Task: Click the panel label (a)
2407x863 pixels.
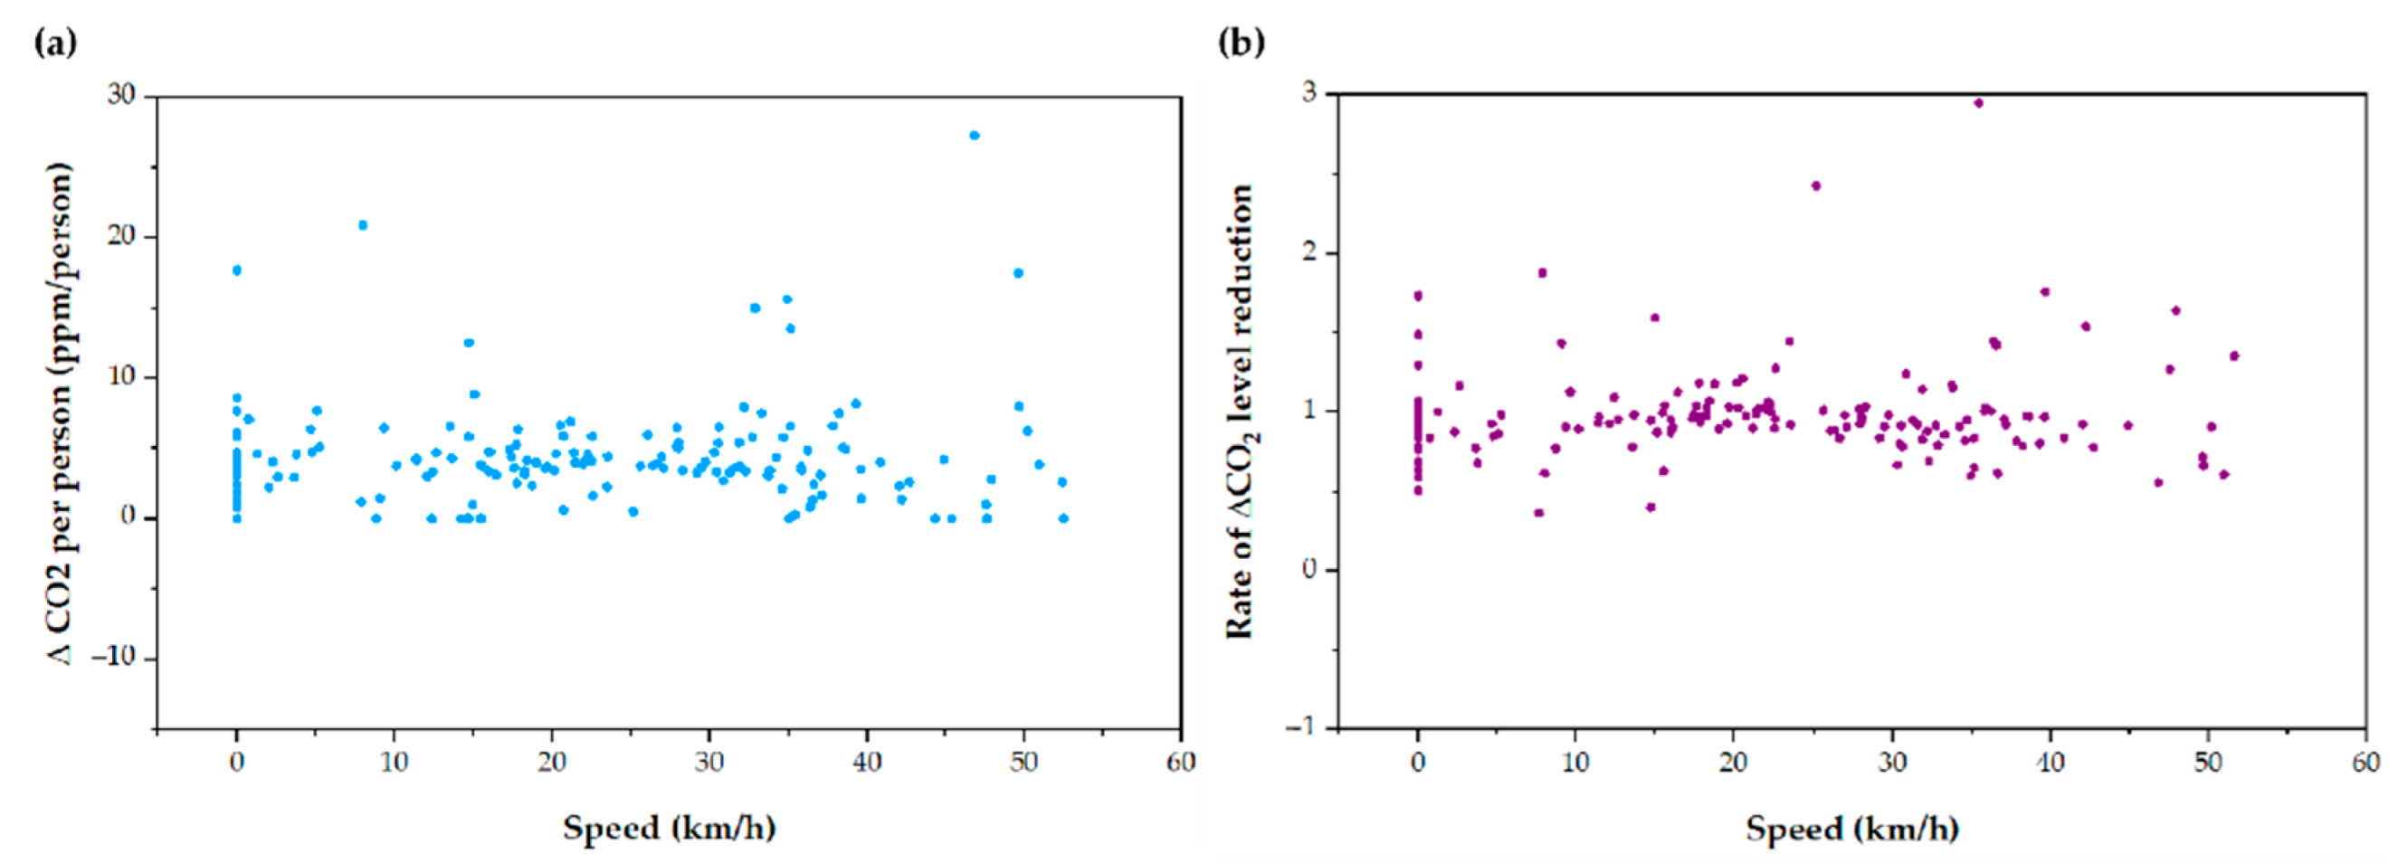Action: [x=55, y=43]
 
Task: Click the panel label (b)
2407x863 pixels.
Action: [x=1242, y=43]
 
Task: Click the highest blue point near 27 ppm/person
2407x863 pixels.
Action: [x=974, y=136]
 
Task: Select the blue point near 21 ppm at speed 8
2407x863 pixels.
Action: [x=363, y=225]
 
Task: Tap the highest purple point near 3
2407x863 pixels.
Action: [x=1978, y=103]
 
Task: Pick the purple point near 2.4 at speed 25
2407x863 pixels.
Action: [x=1816, y=185]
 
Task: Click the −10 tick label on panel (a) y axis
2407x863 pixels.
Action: [x=113, y=658]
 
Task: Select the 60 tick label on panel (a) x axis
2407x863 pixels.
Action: [x=1181, y=763]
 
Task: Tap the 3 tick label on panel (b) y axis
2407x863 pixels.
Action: [x=1309, y=92]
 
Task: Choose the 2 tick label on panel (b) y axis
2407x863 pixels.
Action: [x=1309, y=253]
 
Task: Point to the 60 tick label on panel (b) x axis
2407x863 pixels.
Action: [x=2366, y=763]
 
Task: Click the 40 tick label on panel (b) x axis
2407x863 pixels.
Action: [x=2050, y=763]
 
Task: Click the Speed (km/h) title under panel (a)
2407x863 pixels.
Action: [x=669, y=828]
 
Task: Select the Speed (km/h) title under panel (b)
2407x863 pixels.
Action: [x=1853, y=829]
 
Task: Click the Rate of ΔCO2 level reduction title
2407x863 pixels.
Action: [x=1241, y=411]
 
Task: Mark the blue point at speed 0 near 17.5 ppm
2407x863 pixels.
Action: [x=237, y=270]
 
